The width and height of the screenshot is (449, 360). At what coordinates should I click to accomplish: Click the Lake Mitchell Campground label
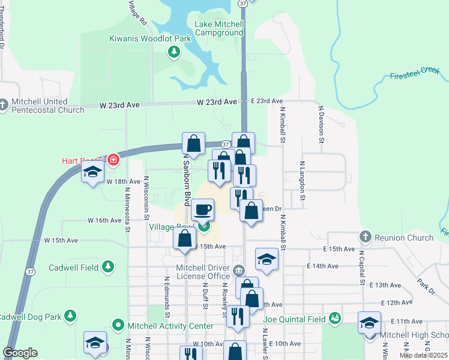[x=219, y=28]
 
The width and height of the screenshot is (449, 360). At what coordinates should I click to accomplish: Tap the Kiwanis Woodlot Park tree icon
[x=174, y=52]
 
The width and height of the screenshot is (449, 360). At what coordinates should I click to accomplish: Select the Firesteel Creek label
[x=415, y=74]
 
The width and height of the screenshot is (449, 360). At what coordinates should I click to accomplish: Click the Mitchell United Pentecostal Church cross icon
[x=3, y=105]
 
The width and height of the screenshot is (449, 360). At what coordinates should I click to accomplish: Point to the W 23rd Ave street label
[x=120, y=105]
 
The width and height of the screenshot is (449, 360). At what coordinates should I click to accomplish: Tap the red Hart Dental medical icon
[x=113, y=160]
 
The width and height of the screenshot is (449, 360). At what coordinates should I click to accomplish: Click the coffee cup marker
[x=202, y=210]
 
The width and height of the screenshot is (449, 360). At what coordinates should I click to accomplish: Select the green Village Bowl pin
[x=205, y=227]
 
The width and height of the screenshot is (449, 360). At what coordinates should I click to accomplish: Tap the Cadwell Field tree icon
[x=107, y=266]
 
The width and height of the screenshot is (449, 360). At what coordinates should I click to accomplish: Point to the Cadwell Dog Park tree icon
[x=70, y=316]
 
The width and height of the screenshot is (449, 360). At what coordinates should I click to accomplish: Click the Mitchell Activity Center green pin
[x=118, y=326]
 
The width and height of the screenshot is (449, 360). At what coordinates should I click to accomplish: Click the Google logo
[x=20, y=353]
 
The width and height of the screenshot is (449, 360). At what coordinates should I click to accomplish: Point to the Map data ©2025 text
[x=423, y=355]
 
